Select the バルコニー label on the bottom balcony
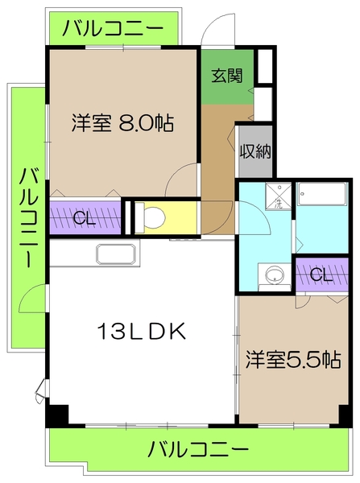199,448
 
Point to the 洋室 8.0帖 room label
122,124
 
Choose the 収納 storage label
253,151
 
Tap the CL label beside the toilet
83,217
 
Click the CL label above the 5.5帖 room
320,275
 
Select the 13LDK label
143,331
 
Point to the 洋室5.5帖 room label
292,359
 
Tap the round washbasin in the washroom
275,275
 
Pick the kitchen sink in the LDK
118,254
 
